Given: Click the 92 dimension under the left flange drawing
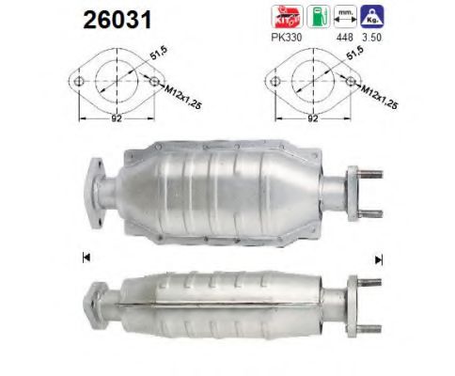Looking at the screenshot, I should [x=114, y=119].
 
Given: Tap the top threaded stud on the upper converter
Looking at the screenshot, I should [x=369, y=172].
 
